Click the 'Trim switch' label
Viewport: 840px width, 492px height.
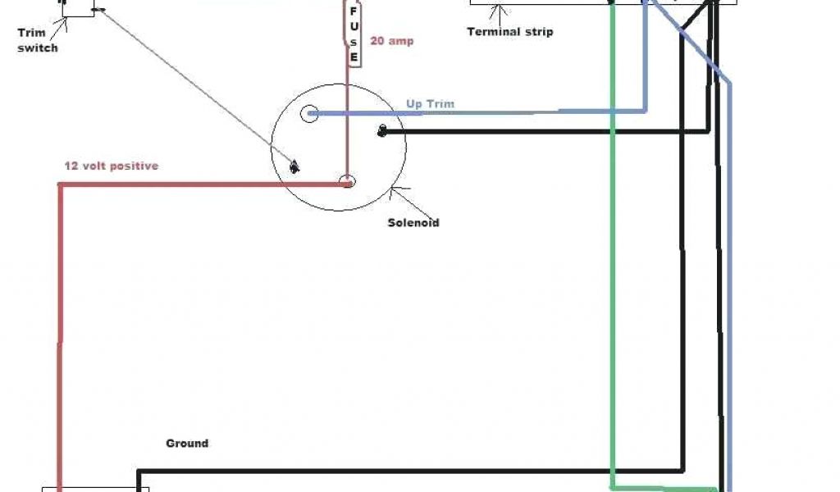[38, 40]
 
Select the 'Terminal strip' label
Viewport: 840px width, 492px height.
[509, 32]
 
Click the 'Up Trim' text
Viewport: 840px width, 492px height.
[430, 104]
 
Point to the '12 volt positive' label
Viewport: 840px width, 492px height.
[112, 166]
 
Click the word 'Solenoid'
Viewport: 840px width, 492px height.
[413, 222]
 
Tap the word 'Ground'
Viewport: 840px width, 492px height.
[187, 444]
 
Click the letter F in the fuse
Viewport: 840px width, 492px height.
[354, 11]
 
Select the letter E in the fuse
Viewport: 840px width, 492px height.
[354, 57]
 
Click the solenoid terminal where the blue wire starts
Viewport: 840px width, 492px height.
[309, 114]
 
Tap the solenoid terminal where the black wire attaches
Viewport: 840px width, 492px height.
[381, 131]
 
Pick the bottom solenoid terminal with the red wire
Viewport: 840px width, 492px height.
[348, 181]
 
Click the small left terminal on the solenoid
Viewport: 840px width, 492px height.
[294, 167]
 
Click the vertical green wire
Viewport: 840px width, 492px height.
[611, 287]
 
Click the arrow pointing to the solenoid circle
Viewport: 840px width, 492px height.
[394, 194]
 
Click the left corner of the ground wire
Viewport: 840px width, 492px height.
[139, 472]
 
